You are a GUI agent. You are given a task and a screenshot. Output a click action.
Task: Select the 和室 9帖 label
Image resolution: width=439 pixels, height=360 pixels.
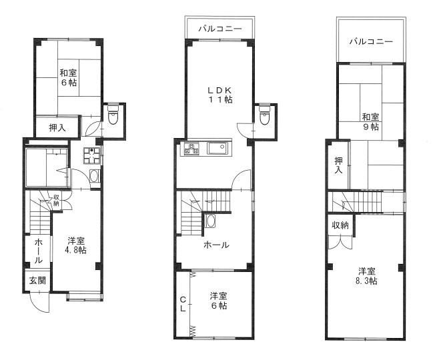tap(370, 120)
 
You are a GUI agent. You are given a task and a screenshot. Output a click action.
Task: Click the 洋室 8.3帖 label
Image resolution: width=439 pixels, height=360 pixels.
tap(366, 276)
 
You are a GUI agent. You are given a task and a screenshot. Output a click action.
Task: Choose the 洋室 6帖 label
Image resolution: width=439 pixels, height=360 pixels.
tap(218, 301)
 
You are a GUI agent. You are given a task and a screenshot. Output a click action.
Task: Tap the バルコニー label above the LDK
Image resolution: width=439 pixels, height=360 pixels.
tap(219, 29)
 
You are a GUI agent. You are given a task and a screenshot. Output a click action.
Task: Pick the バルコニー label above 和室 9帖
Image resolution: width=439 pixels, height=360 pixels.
tap(370, 41)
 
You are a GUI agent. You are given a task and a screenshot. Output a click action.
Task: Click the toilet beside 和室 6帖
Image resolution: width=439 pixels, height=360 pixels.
tap(113, 116)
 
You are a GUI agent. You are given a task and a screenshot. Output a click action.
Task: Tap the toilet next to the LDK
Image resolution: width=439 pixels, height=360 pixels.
tap(265, 116)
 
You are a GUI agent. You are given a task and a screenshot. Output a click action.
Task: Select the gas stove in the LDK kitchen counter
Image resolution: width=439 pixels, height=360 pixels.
tap(191, 149)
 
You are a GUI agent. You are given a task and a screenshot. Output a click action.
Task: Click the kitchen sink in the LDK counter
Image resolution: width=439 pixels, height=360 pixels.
tap(217, 149)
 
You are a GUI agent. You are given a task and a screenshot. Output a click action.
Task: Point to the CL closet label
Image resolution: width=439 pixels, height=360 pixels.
tap(182, 306)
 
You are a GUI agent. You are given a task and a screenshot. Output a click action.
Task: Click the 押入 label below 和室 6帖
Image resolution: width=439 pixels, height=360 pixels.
tap(57, 127)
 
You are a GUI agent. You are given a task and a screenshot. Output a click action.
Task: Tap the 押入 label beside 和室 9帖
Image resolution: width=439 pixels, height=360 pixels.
tap(338, 165)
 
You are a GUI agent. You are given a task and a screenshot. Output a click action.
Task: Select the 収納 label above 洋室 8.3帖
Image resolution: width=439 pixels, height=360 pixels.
tap(340, 225)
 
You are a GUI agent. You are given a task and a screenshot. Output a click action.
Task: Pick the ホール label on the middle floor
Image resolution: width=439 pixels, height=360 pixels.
tap(216, 245)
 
